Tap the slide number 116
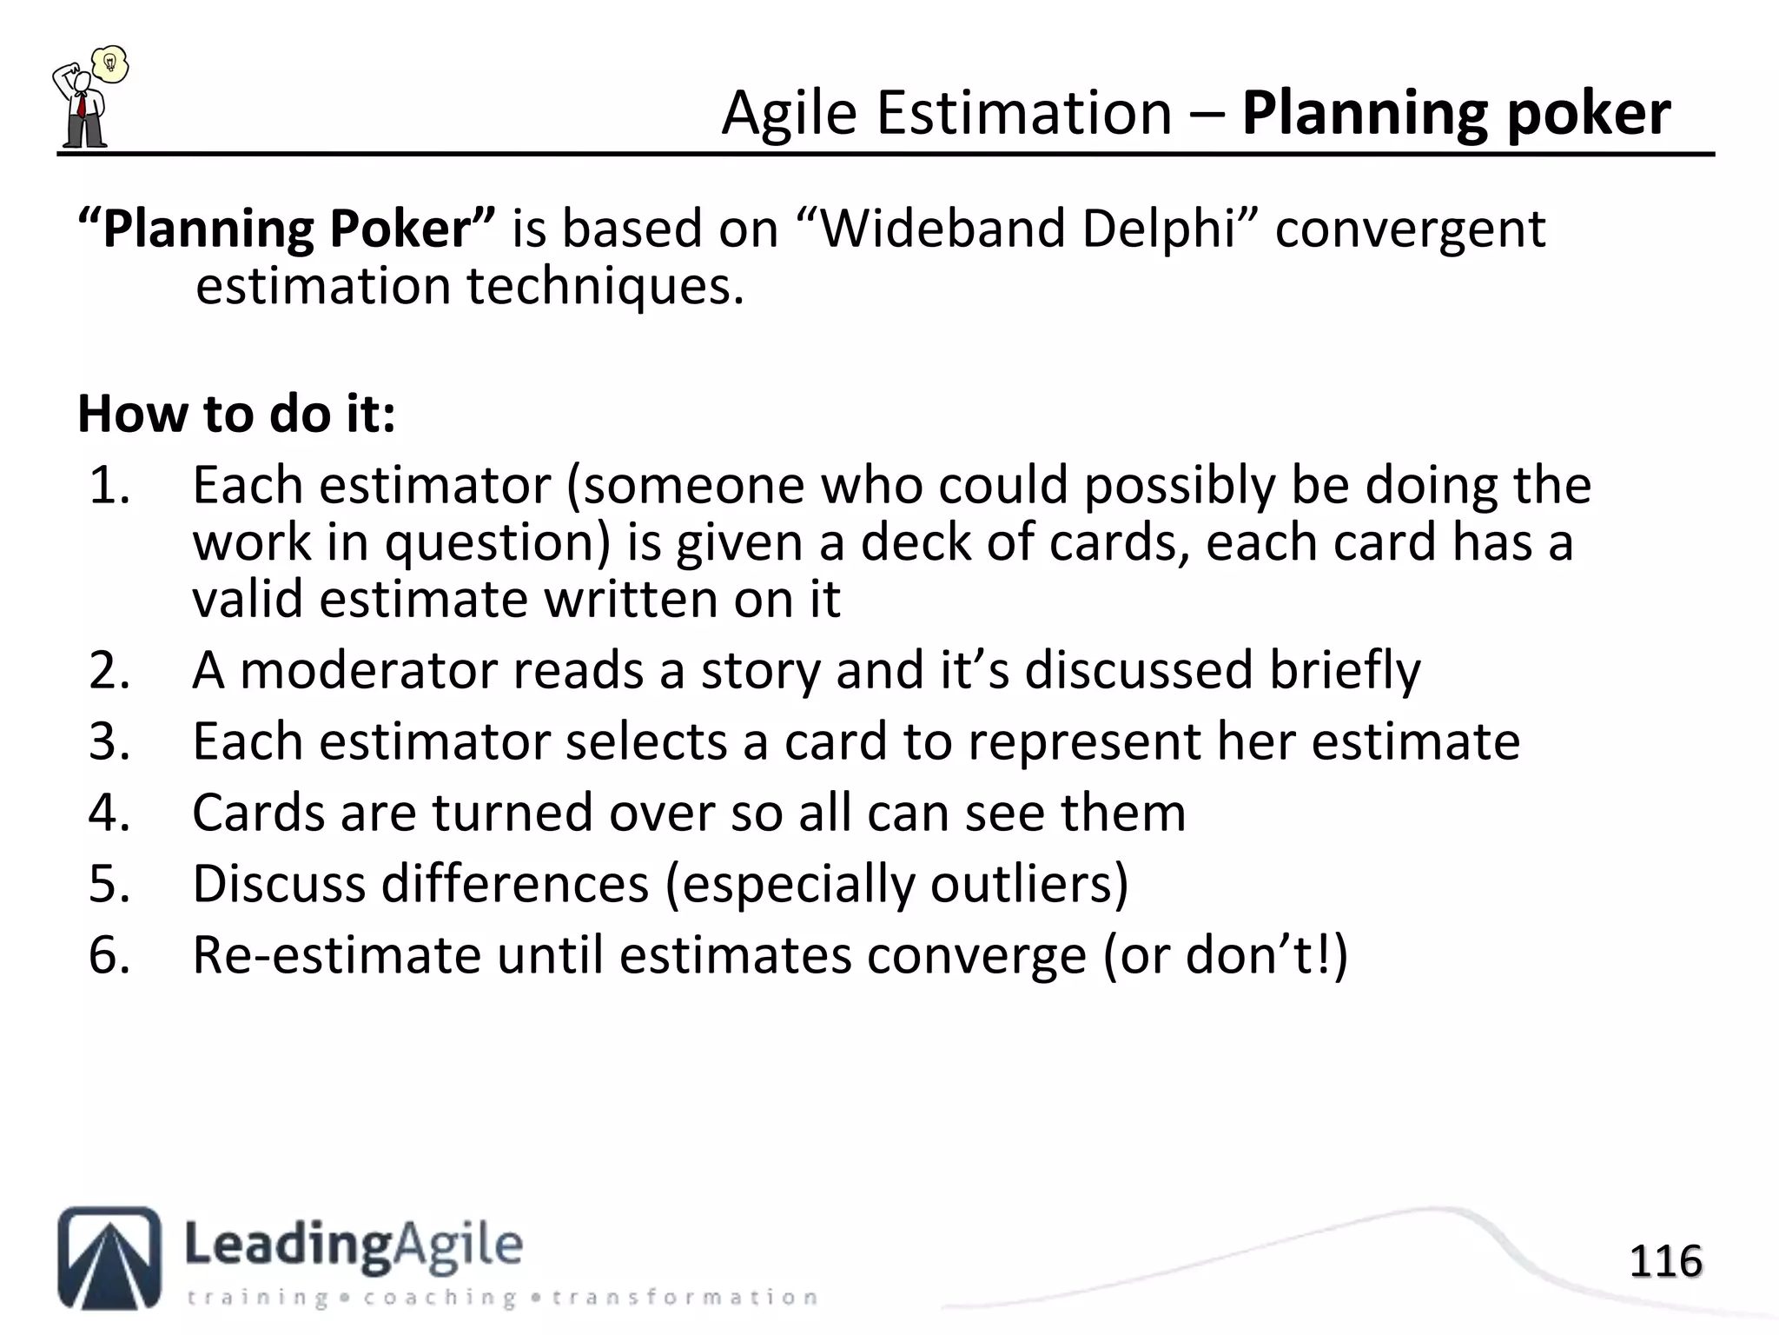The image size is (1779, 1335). pos(1665,1261)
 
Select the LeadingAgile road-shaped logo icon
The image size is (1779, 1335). pos(109,1257)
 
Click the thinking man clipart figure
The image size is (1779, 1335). pos(80,106)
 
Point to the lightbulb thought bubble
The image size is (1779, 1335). pos(110,64)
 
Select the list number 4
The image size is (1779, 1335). pos(109,814)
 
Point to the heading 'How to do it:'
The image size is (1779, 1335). pos(236,414)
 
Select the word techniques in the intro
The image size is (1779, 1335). pos(605,287)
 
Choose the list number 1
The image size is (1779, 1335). pos(109,486)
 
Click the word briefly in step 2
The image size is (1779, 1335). pos(1345,671)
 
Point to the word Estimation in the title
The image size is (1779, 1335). pos(1024,114)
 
